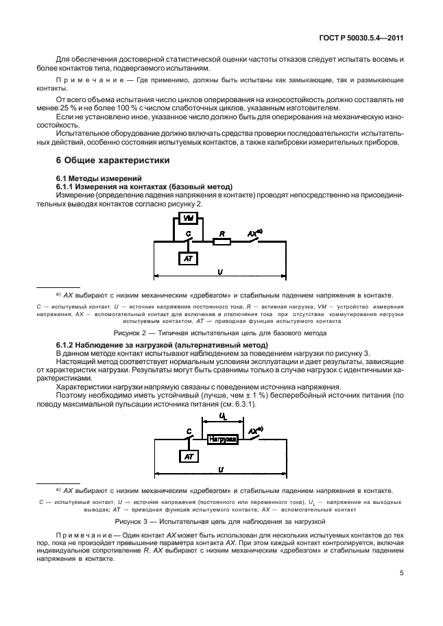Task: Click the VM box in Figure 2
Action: [x=188, y=219]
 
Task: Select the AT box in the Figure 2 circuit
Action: [x=188, y=258]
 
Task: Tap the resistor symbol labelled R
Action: [x=221, y=241]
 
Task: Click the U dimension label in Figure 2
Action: [x=219, y=272]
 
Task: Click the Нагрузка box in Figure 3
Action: [x=223, y=438]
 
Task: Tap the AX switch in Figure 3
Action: [x=255, y=435]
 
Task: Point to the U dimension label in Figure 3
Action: [x=220, y=469]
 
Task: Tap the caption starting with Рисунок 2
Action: [x=220, y=333]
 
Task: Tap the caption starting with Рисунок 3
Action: [x=220, y=522]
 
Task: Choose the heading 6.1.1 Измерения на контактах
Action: [x=144, y=186]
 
